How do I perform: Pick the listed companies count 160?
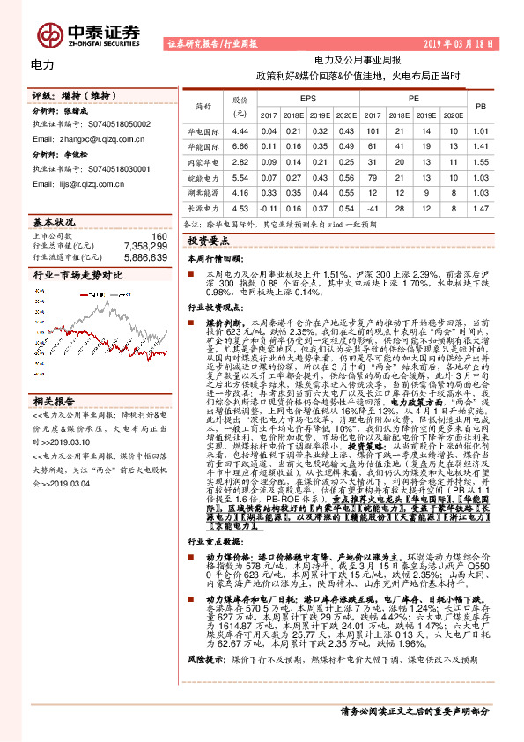coord(159,236)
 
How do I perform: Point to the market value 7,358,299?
coord(144,247)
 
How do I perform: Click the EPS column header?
coord(307,99)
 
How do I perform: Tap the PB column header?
coord(480,107)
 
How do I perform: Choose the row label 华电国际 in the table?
coord(205,130)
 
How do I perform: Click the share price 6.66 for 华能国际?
coord(240,146)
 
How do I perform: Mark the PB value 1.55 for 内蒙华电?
coord(480,162)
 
